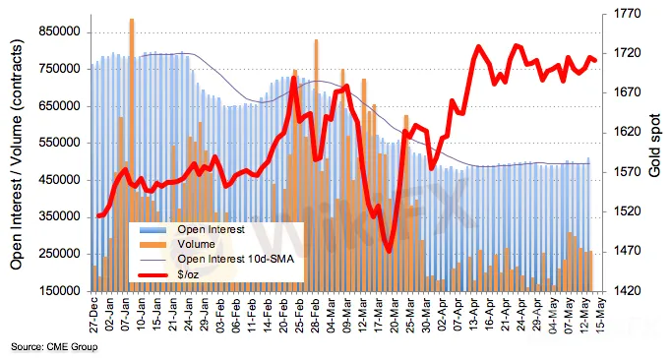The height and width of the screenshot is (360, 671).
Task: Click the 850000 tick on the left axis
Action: click(59, 31)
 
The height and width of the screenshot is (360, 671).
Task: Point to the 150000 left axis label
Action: click(59, 291)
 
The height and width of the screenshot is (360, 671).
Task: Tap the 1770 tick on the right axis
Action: click(628, 14)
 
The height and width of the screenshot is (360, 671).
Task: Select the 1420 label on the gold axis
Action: click(628, 291)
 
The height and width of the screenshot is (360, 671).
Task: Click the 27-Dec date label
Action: click(94, 315)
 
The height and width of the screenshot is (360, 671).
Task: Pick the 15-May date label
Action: click(601, 315)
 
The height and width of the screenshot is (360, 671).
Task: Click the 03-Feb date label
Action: click(220, 315)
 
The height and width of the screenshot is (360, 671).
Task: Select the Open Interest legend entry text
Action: click(211, 229)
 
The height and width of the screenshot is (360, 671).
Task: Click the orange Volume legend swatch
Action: click(152, 244)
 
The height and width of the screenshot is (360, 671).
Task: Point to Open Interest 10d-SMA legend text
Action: click(236, 259)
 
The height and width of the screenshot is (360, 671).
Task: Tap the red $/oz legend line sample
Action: click(152, 274)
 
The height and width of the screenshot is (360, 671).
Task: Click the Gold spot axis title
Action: click(654, 146)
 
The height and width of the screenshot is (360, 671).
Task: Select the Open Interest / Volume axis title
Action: click(16, 154)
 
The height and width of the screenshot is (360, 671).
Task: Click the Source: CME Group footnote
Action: click(54, 347)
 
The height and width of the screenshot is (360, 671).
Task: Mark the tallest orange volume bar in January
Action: click(132, 155)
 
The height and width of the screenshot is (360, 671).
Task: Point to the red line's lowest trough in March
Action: click(389, 251)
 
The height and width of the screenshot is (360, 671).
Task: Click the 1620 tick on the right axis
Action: click(628, 132)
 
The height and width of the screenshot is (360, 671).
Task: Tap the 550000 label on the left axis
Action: click(59, 143)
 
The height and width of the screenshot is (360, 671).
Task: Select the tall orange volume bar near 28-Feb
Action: click(316, 165)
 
